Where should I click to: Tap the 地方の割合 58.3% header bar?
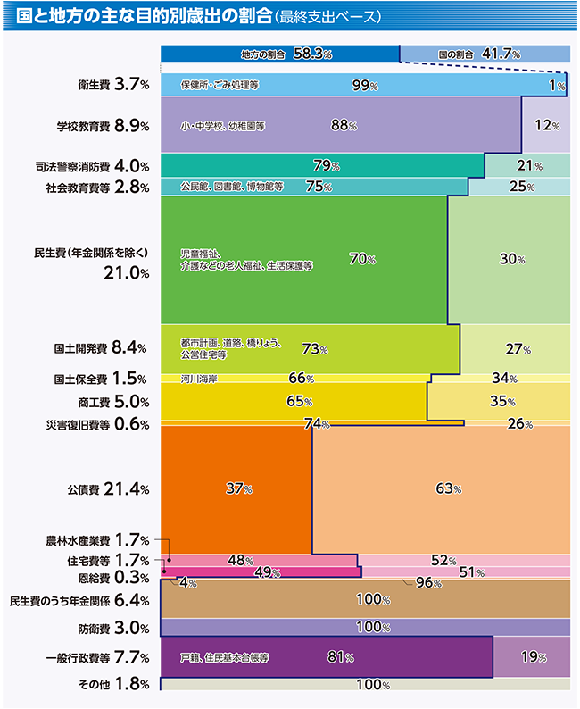(280, 54)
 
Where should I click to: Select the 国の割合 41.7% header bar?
(483, 54)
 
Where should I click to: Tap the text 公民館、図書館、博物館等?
(232, 188)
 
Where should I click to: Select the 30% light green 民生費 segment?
(509, 259)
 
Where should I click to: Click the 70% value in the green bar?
(362, 259)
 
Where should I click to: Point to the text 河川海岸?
(199, 379)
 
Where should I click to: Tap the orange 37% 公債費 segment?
(237, 489)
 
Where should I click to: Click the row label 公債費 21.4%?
(106, 489)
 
